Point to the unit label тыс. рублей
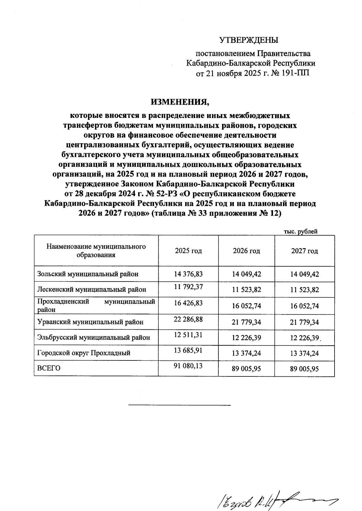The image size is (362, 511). (301, 232)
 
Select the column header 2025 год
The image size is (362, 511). (188, 251)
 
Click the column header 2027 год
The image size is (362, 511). (304, 251)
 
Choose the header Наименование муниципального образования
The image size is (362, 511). (96, 251)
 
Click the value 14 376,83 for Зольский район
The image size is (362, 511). (188, 274)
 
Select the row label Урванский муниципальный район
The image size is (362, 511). (90, 322)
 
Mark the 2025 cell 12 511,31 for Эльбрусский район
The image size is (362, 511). (188, 335)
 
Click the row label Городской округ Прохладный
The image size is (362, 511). (84, 353)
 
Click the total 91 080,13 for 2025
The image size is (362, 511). (188, 366)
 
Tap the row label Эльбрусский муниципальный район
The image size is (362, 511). (94, 338)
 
